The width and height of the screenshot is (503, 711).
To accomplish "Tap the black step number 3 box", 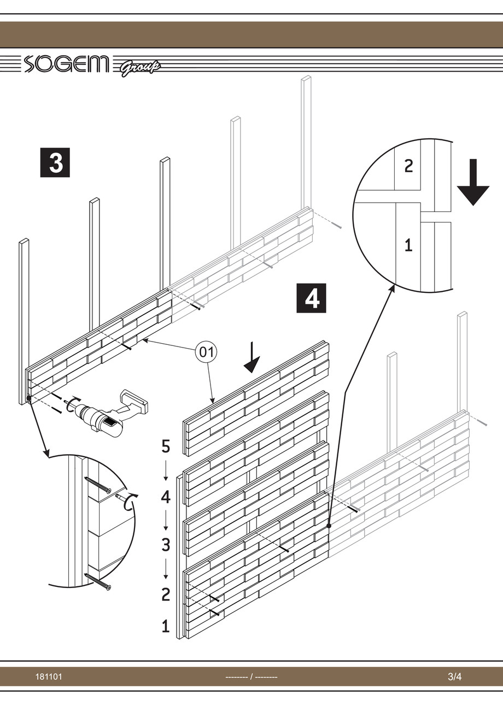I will click(x=55, y=163).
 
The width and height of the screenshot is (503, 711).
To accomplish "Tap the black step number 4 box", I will click(x=311, y=298).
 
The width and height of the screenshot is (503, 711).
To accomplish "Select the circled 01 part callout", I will click(x=206, y=352).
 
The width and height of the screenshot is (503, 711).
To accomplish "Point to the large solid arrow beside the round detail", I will click(x=473, y=183).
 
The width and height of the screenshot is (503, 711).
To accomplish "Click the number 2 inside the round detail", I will click(x=408, y=166).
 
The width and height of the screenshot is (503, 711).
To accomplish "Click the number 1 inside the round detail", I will click(x=408, y=245).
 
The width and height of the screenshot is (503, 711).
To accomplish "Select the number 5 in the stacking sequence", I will click(x=166, y=446).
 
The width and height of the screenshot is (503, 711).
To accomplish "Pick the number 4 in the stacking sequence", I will click(x=166, y=497).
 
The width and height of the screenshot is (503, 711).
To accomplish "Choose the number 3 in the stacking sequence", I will click(x=166, y=545).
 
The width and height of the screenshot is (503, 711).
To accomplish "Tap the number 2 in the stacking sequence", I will click(x=166, y=594).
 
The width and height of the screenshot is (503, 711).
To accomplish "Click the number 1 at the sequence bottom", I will click(x=166, y=626).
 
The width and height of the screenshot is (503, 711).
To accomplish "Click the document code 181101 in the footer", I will click(x=49, y=677).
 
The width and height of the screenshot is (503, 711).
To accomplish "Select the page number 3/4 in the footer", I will click(x=455, y=677).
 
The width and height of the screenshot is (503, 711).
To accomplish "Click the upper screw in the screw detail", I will click(x=97, y=484).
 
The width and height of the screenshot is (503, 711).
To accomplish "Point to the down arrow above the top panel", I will click(x=251, y=358).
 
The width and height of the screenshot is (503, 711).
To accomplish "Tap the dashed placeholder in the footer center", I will click(x=251, y=677).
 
